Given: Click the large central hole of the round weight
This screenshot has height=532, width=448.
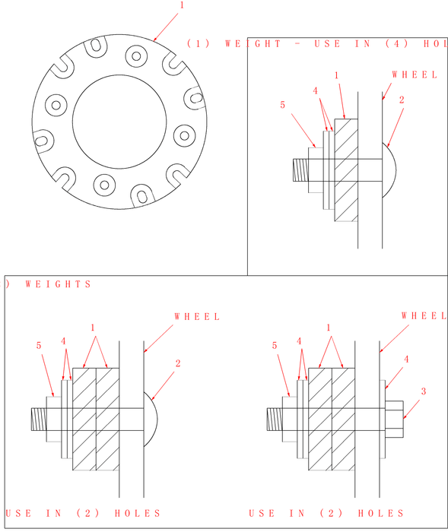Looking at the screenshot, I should [x=120, y=122].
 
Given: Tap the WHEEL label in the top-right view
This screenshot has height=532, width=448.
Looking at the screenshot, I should [x=415, y=74].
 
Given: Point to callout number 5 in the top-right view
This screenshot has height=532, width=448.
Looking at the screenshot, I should [x=282, y=106].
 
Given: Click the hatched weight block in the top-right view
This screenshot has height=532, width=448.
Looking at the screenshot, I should [x=347, y=169].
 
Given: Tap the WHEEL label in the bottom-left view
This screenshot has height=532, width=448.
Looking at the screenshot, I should [x=197, y=316].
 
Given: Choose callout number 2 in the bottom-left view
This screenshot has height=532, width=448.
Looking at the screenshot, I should [x=178, y=363].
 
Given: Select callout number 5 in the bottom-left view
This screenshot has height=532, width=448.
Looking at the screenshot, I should [x=39, y=346].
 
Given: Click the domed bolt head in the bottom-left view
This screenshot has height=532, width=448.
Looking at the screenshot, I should [x=150, y=419].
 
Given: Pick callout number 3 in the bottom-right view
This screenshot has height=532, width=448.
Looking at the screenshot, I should [x=423, y=391].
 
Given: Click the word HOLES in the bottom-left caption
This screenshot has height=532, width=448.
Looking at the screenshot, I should [x=138, y=513].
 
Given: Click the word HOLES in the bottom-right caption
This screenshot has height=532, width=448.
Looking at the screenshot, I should [x=381, y=513].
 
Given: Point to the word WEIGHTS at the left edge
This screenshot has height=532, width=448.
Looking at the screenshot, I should [x=59, y=284].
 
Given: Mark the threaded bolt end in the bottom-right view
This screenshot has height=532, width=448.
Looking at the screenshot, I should [x=275, y=419].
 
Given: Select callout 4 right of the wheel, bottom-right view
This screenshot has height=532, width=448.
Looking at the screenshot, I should [x=406, y=358].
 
